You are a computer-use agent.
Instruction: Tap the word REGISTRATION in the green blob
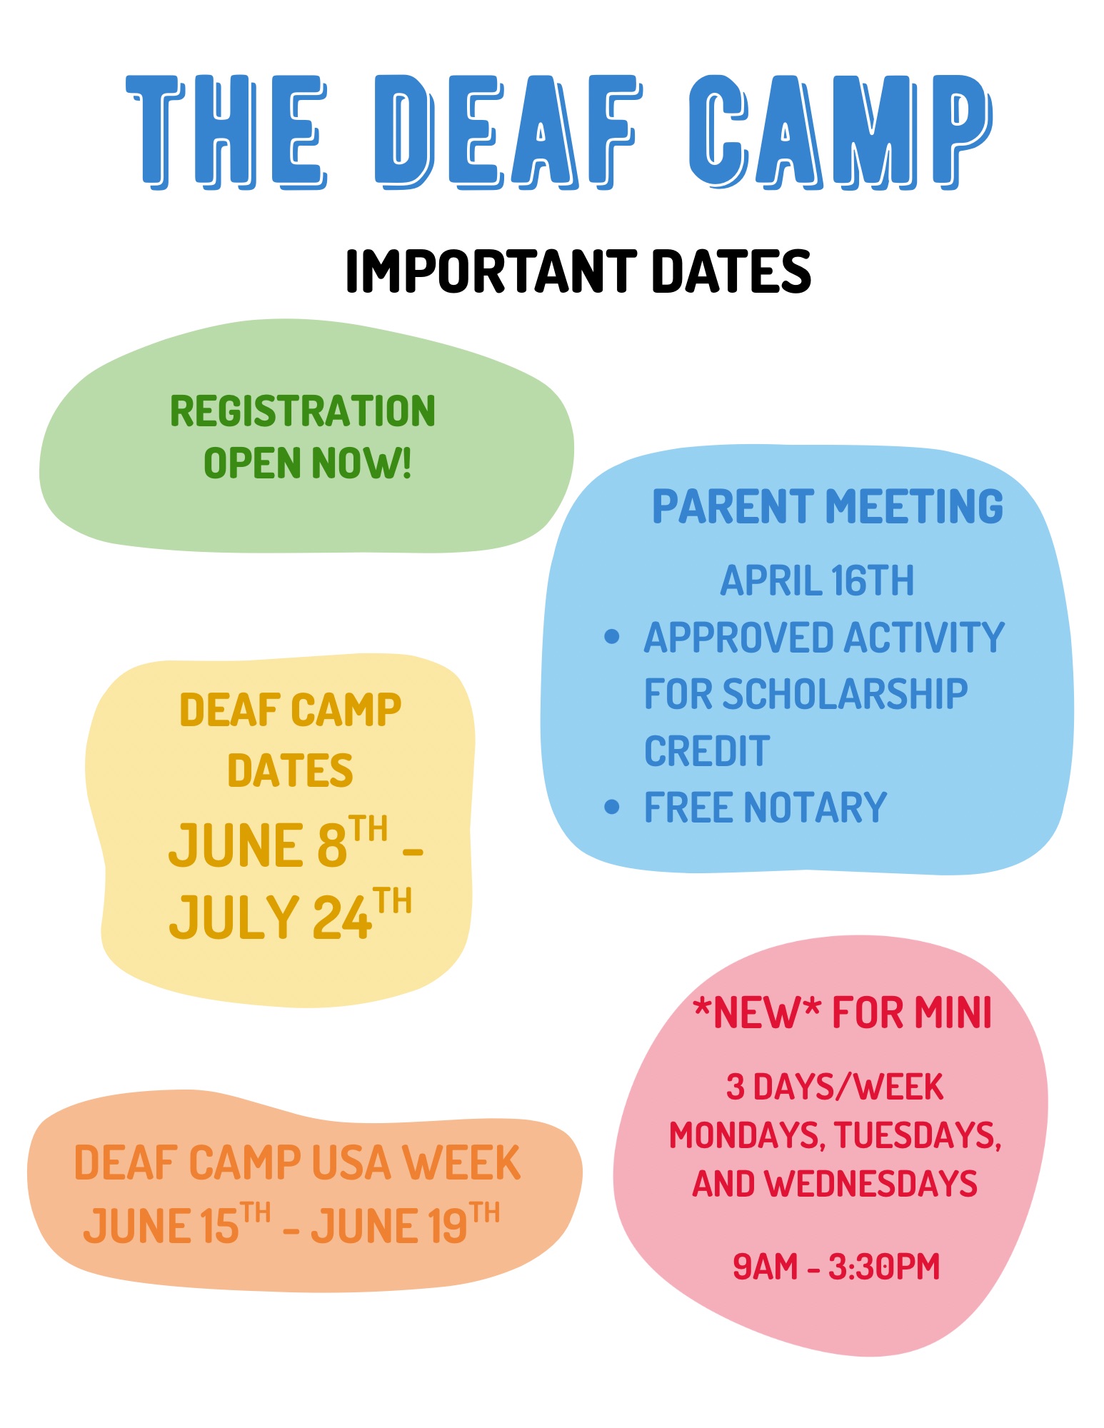pyautogui.click(x=303, y=411)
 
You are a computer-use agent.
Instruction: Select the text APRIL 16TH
pyautogui.click(x=817, y=580)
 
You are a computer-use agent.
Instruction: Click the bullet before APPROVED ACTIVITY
pyautogui.click(x=611, y=636)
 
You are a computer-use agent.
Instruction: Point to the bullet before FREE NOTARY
pyautogui.click(x=611, y=807)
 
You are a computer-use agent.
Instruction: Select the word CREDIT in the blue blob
pyautogui.click(x=707, y=751)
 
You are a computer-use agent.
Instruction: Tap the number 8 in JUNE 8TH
pyautogui.click(x=331, y=845)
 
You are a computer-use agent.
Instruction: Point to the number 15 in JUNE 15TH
pyautogui.click(x=219, y=1226)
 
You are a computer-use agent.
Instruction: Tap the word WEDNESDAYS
pyautogui.click(x=870, y=1184)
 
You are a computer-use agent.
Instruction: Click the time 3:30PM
pyautogui.click(x=884, y=1267)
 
